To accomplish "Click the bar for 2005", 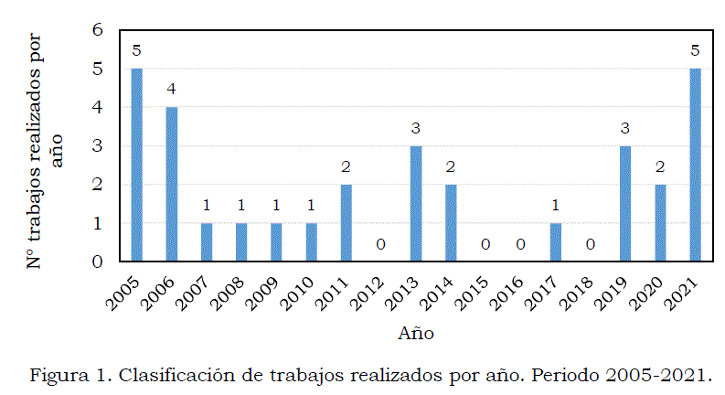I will tap(136, 165).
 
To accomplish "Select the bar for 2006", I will tap(171, 184).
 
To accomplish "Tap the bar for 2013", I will tap(416, 203).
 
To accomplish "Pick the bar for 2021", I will tap(695, 165).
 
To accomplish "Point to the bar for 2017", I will tap(556, 242).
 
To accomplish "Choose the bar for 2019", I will tap(625, 203).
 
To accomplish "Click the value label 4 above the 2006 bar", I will tap(171, 90).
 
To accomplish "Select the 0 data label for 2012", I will tap(381, 244).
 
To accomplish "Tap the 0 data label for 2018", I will tap(591, 244).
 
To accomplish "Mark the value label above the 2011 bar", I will tap(347, 166).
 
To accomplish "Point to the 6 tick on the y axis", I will tap(97, 30).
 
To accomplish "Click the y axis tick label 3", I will tap(97, 146).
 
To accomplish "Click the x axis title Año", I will tap(415, 333).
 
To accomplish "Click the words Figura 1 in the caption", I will tap(63, 376).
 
